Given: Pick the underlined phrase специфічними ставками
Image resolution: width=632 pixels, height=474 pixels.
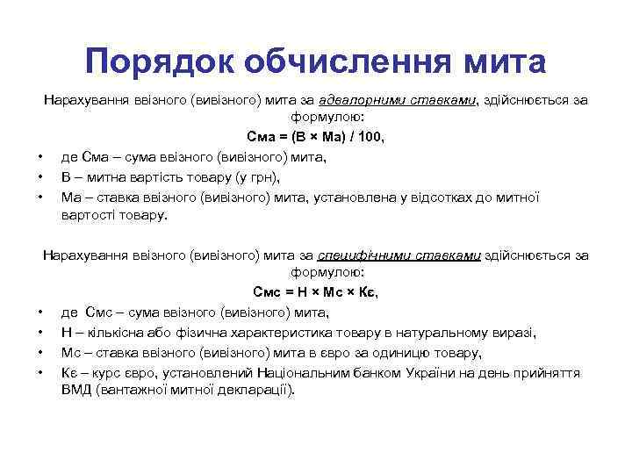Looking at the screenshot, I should tap(399, 255).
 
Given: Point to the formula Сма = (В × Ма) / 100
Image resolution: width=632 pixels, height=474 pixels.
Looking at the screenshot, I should tap(316, 138).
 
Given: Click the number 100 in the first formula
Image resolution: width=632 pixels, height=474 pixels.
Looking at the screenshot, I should tap(370, 138).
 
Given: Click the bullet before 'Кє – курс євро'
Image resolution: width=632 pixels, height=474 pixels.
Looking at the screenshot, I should tap(40, 372).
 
